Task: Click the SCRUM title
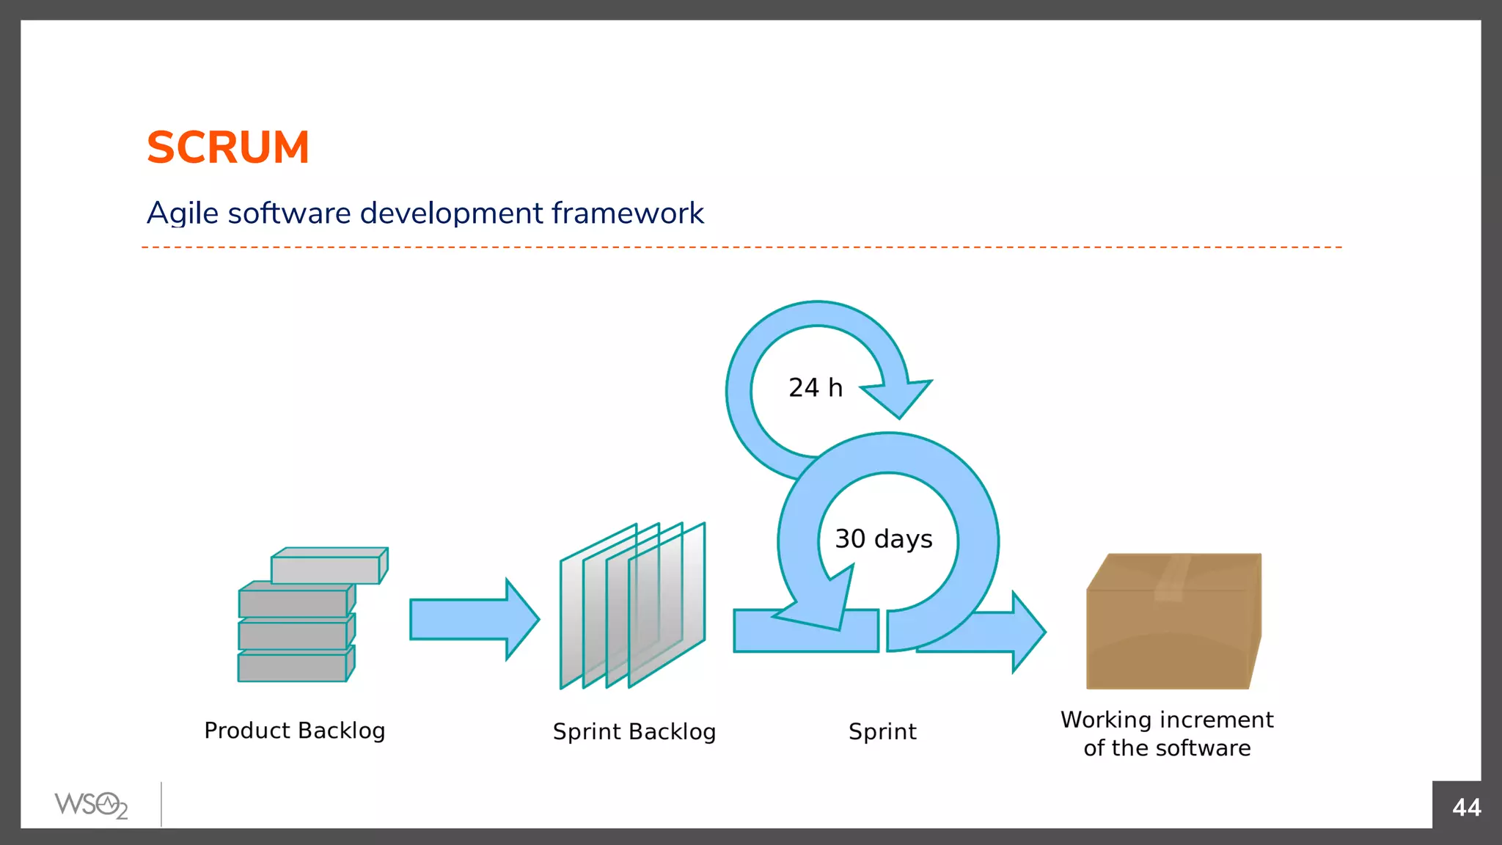pos(228,147)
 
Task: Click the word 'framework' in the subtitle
pos(627,213)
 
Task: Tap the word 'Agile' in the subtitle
pos(183,213)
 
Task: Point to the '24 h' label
pos(815,387)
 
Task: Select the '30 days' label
pos(883,539)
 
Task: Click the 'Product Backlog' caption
pos(294,731)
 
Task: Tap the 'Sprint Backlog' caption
pos(634,731)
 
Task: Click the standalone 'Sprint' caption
pos(882,731)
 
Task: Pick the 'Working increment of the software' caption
pos(1167,734)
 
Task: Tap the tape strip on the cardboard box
pos(1172,577)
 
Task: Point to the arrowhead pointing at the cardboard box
pos(1027,631)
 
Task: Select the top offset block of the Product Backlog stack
pos(327,568)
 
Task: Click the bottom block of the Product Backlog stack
pos(293,667)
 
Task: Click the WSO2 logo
pos(91,805)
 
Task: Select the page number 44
pos(1466,808)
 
